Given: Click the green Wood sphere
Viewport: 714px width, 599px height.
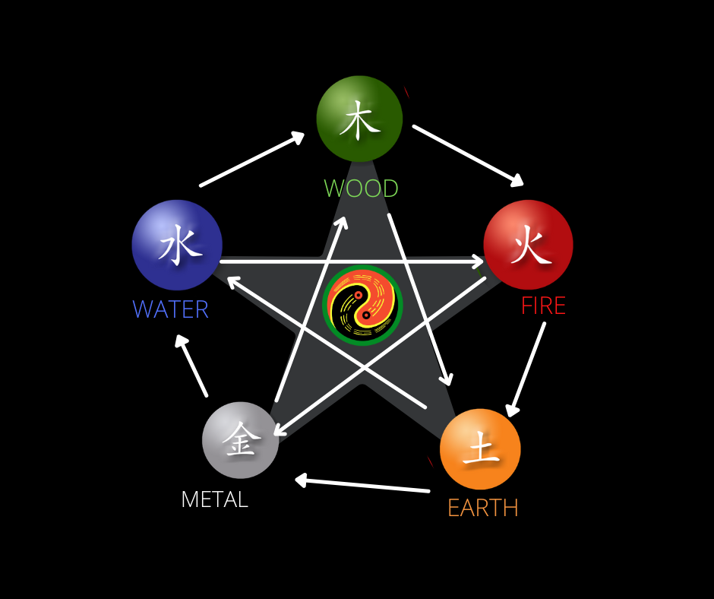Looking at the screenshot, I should point(359,118).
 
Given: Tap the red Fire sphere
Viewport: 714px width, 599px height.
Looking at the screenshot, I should point(528,245).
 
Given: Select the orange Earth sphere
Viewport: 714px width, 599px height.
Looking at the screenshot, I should point(480,448).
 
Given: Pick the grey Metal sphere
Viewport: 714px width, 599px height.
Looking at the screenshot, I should point(240,440).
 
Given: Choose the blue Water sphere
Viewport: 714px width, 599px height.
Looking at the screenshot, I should point(177,245).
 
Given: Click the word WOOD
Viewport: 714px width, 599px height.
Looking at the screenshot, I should point(361,189).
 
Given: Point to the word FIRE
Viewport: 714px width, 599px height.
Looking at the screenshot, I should point(543,306).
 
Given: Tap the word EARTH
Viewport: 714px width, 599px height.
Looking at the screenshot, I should point(483,508).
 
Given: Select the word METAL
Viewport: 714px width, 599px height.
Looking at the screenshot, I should point(214,499).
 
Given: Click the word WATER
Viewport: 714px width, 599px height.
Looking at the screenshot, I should point(170,309).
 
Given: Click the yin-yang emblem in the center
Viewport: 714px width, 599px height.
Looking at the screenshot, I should point(362,304).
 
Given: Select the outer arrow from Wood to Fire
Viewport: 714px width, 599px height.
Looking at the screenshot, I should point(468,155).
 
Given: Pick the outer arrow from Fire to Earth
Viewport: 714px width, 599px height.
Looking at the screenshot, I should point(526,369).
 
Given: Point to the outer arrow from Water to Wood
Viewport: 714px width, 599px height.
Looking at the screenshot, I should point(251,160).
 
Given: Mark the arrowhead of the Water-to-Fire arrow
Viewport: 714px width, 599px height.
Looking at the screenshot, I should point(475,262).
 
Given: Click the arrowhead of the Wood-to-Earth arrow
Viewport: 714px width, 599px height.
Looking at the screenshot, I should point(448,378).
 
